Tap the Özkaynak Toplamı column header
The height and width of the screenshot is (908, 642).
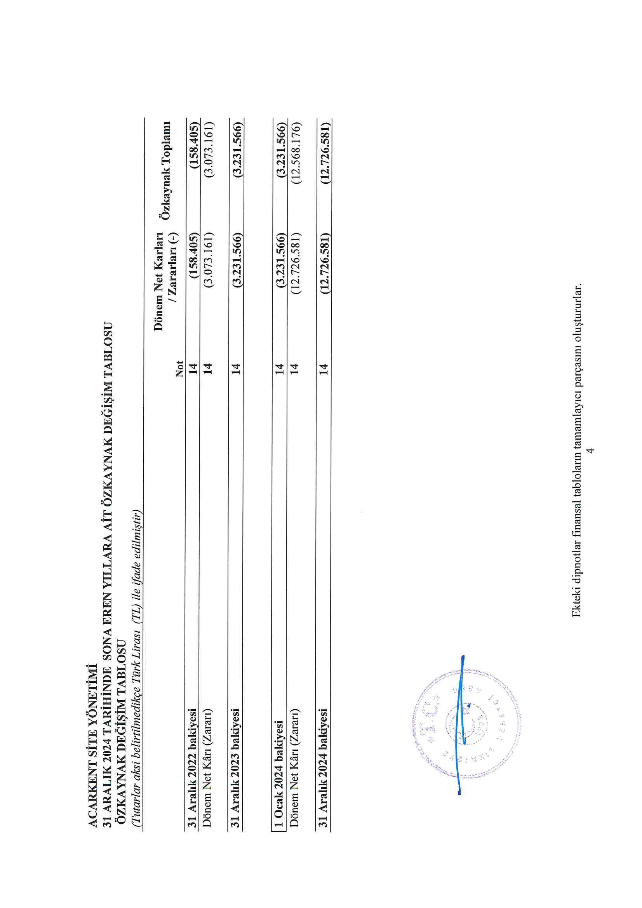[166, 170]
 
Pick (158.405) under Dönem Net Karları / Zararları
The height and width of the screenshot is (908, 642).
[193, 257]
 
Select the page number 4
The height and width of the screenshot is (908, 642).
[590, 451]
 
